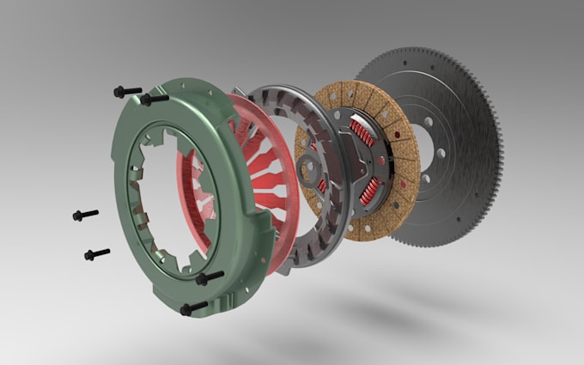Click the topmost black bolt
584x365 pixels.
click(126, 90)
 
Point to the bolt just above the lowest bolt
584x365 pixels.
click(210, 277)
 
